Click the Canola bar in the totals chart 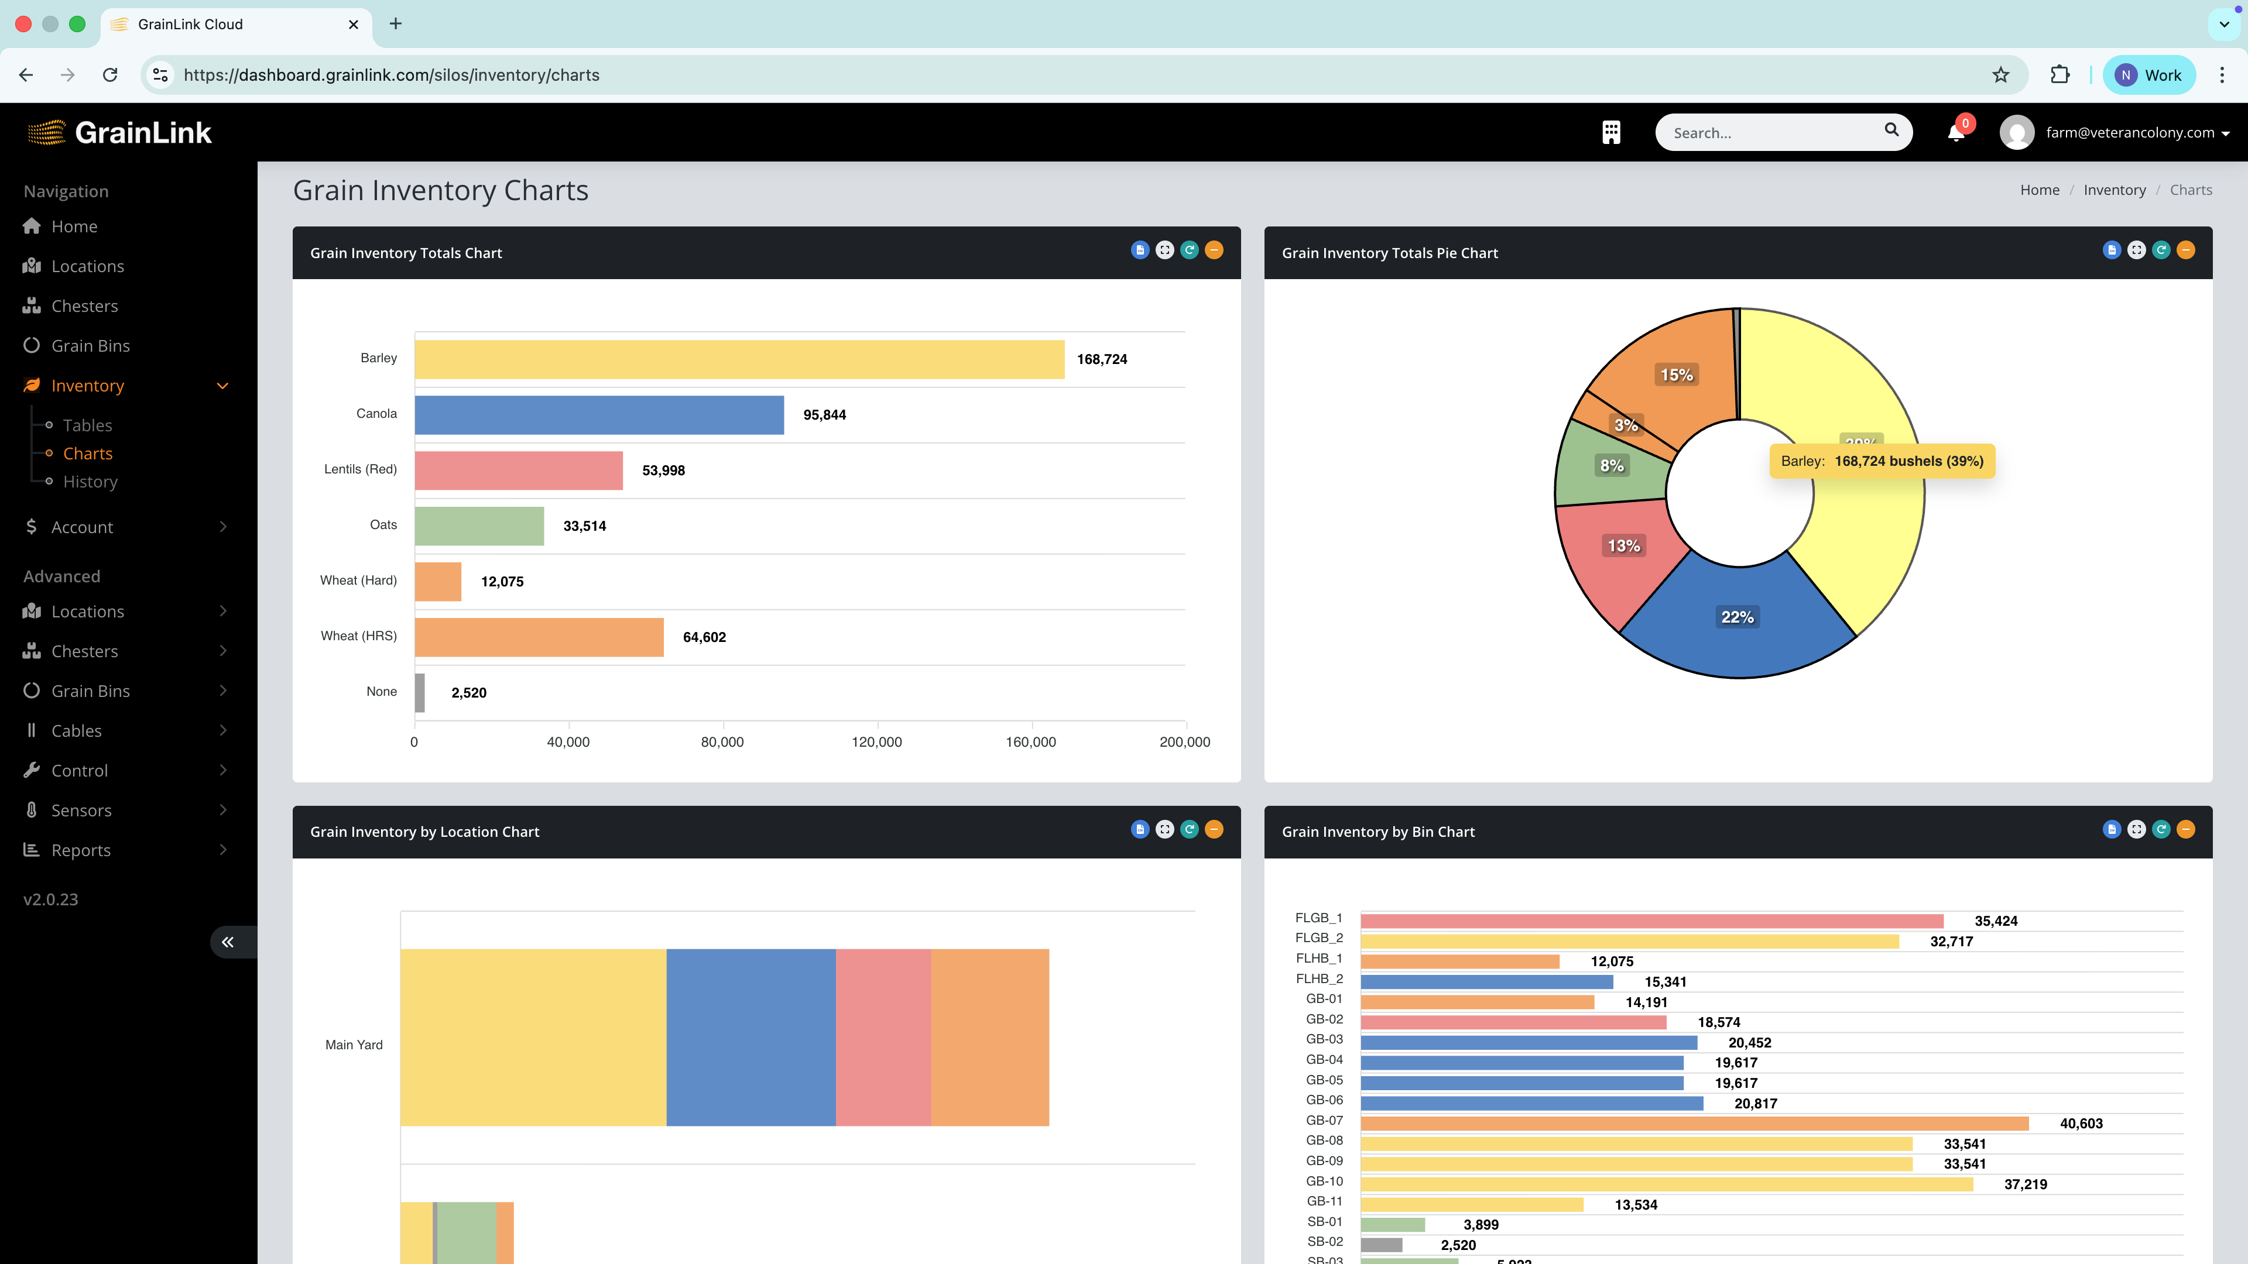[x=599, y=414]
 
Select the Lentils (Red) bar [x=518, y=470]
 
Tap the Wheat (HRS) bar [x=539, y=637]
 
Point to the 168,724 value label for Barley [x=1101, y=359]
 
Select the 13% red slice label [x=1623, y=546]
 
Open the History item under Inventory [x=90, y=482]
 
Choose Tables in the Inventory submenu [x=87, y=425]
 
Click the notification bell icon [x=1956, y=133]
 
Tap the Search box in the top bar [x=1771, y=133]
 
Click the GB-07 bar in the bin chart [x=1694, y=1124]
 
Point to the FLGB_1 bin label [x=1318, y=918]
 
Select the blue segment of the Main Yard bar [x=751, y=1037]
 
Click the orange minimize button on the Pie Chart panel [x=2185, y=250]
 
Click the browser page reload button [x=110, y=75]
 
